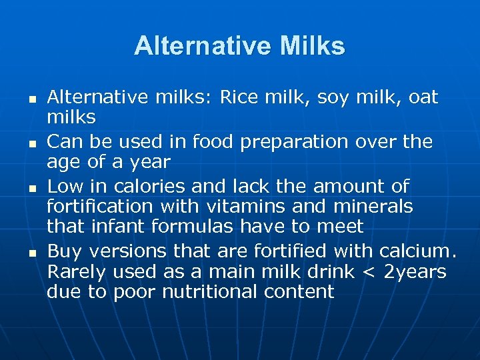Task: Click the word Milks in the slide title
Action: (x=313, y=47)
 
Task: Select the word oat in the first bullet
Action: (x=423, y=97)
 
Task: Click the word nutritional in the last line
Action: (x=201, y=291)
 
